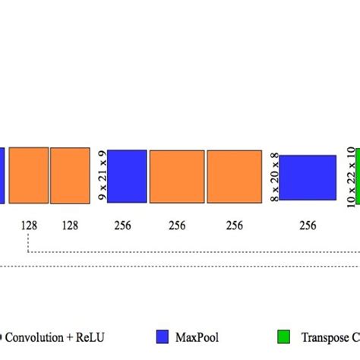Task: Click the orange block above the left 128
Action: point(28,175)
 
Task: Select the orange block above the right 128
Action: point(70,175)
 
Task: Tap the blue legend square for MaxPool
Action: point(162,336)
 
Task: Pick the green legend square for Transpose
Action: point(283,336)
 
